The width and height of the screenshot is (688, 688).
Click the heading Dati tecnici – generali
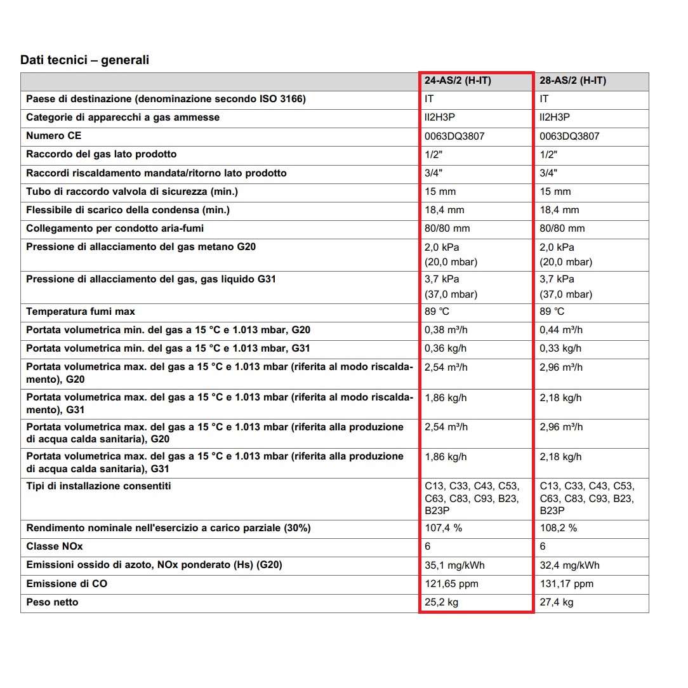(84, 60)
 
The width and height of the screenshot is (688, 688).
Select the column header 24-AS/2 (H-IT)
(458, 81)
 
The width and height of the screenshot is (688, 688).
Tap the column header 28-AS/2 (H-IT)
(572, 81)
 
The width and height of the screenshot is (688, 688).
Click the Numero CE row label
(54, 136)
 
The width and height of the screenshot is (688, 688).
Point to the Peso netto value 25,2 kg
(441, 602)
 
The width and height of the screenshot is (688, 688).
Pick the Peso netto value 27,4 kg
(557, 602)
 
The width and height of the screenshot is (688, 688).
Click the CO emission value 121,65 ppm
(451, 584)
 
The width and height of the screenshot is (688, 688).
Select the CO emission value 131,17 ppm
(567, 584)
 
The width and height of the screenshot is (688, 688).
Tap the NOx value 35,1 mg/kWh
(454, 565)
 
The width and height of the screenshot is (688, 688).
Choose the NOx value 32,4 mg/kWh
(569, 565)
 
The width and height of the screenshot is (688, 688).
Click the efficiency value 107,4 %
(443, 528)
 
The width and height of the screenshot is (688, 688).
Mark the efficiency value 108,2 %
(559, 528)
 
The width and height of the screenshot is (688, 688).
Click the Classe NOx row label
(55, 546)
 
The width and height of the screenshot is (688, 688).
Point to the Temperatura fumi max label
(81, 312)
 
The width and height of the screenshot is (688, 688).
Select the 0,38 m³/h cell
(446, 330)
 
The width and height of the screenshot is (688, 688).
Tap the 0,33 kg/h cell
(560, 348)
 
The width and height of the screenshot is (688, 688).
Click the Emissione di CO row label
(67, 584)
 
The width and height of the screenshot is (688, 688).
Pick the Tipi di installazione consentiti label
(98, 486)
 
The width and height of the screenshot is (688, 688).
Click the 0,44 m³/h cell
(561, 330)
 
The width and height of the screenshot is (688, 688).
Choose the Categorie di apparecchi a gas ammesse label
(122, 117)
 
